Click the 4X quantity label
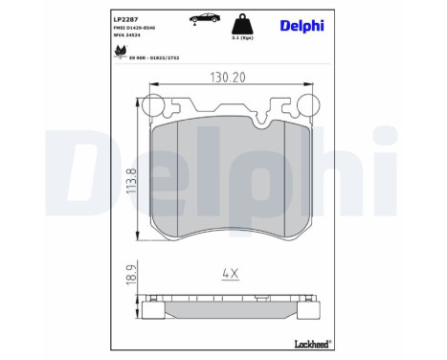click(x=230, y=274)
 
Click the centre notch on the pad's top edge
click(x=230, y=115)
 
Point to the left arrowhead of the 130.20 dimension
click(x=143, y=89)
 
